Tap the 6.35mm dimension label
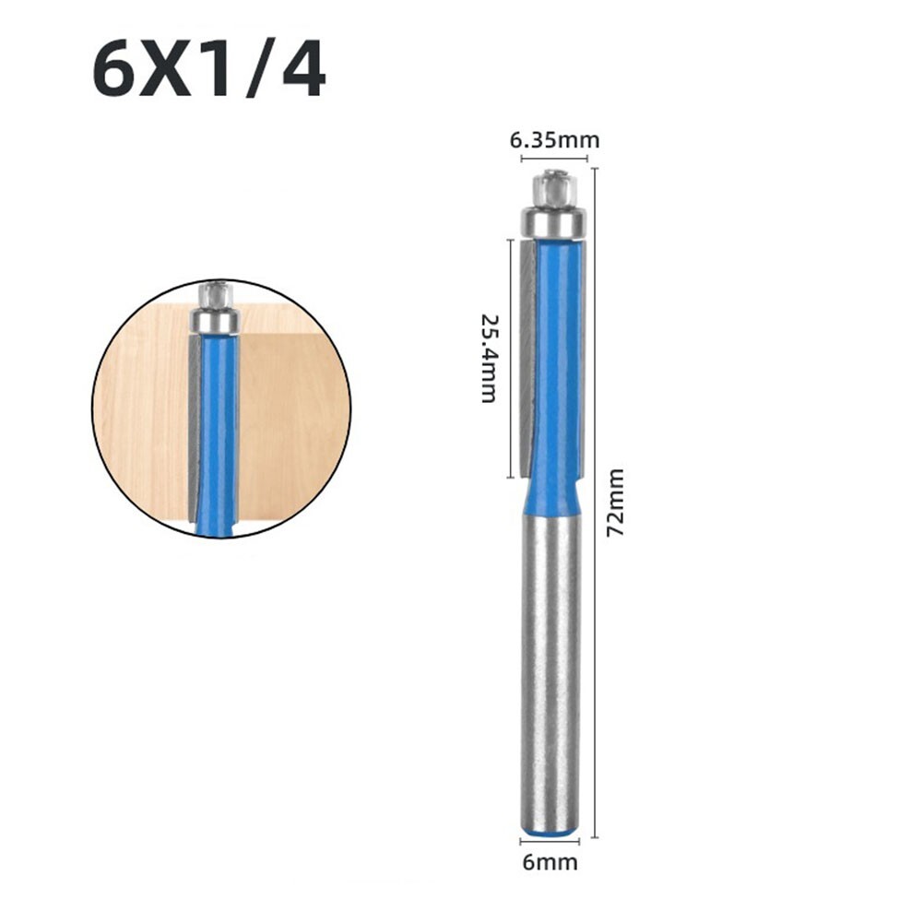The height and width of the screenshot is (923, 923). (x=554, y=140)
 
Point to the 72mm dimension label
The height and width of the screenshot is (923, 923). (x=616, y=503)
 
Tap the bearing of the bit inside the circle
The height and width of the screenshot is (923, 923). (x=214, y=320)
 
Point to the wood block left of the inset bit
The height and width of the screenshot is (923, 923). (x=138, y=415)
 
